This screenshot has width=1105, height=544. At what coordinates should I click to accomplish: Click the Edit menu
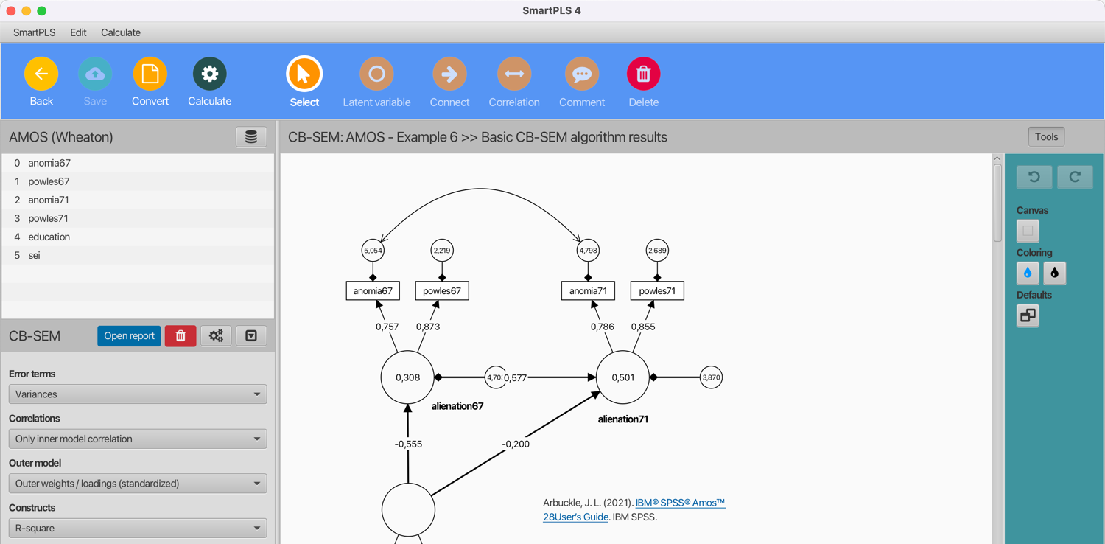tap(78, 32)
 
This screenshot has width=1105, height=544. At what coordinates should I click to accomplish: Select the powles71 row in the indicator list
tap(49, 218)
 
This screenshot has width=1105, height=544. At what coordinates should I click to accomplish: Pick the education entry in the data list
tap(49, 237)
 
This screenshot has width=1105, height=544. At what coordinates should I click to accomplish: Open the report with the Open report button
tap(129, 336)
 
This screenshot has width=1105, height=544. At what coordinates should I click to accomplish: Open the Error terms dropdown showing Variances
tap(138, 394)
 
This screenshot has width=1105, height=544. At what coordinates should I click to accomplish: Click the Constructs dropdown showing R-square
tap(138, 528)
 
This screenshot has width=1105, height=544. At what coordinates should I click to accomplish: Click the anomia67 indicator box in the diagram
tap(373, 290)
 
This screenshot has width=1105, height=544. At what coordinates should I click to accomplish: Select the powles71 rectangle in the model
tap(657, 290)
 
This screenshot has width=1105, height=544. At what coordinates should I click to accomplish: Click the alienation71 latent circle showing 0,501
tap(622, 377)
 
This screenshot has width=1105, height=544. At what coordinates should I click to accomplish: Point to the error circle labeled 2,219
tap(442, 251)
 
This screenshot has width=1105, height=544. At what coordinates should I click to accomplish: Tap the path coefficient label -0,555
tap(408, 444)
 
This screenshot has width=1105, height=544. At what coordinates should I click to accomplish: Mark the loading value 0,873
tap(428, 327)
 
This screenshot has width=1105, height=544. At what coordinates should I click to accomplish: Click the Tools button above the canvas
tap(1046, 136)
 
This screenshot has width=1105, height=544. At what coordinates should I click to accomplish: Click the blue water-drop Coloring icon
tap(1028, 273)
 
